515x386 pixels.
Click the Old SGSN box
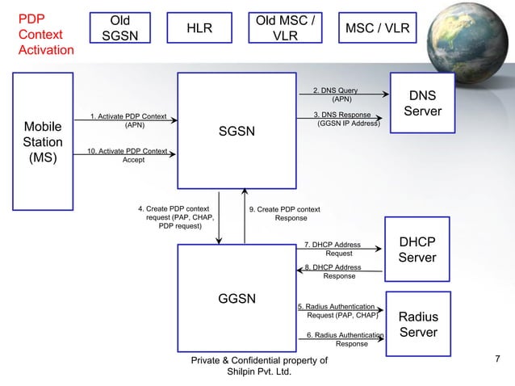(119, 29)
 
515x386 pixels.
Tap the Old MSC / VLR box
(284, 29)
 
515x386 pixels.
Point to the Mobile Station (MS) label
(42, 142)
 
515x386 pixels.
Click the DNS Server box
(422, 102)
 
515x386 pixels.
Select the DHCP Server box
(417, 250)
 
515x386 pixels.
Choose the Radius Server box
(418, 324)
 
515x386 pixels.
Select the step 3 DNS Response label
(347, 120)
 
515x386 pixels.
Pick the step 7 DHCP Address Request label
(333, 249)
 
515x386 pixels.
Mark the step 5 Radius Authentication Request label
(337, 311)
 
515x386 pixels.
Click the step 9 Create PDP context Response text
(285, 213)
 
